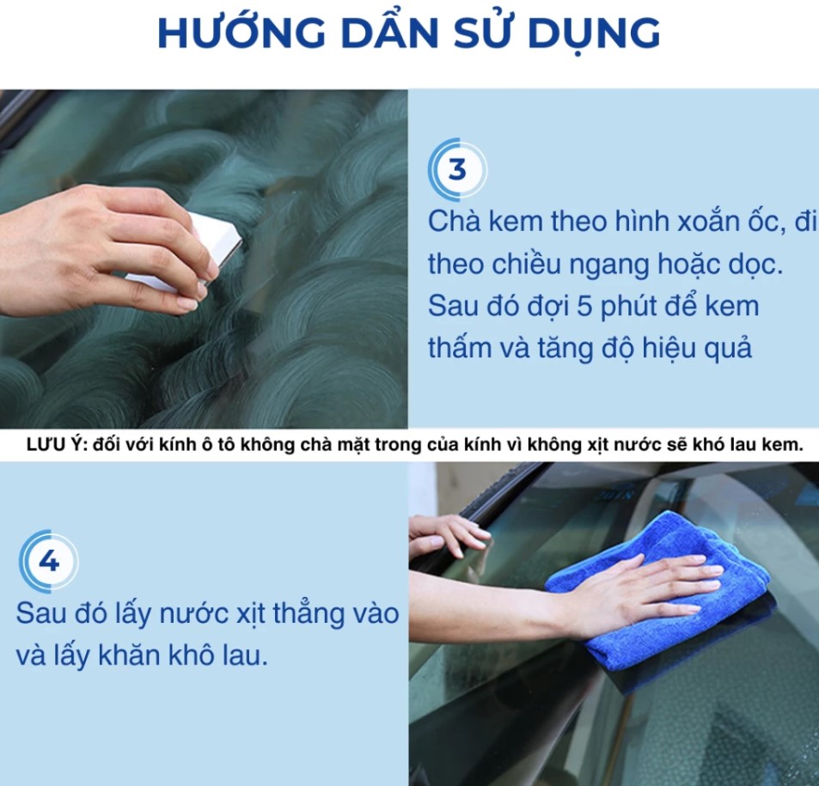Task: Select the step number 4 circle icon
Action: [49, 562]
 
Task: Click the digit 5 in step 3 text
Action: [584, 306]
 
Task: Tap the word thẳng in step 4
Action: [309, 613]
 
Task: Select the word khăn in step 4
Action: [128, 655]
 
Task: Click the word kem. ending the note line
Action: [782, 445]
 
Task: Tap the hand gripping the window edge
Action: [449, 533]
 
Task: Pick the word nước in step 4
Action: [194, 613]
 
